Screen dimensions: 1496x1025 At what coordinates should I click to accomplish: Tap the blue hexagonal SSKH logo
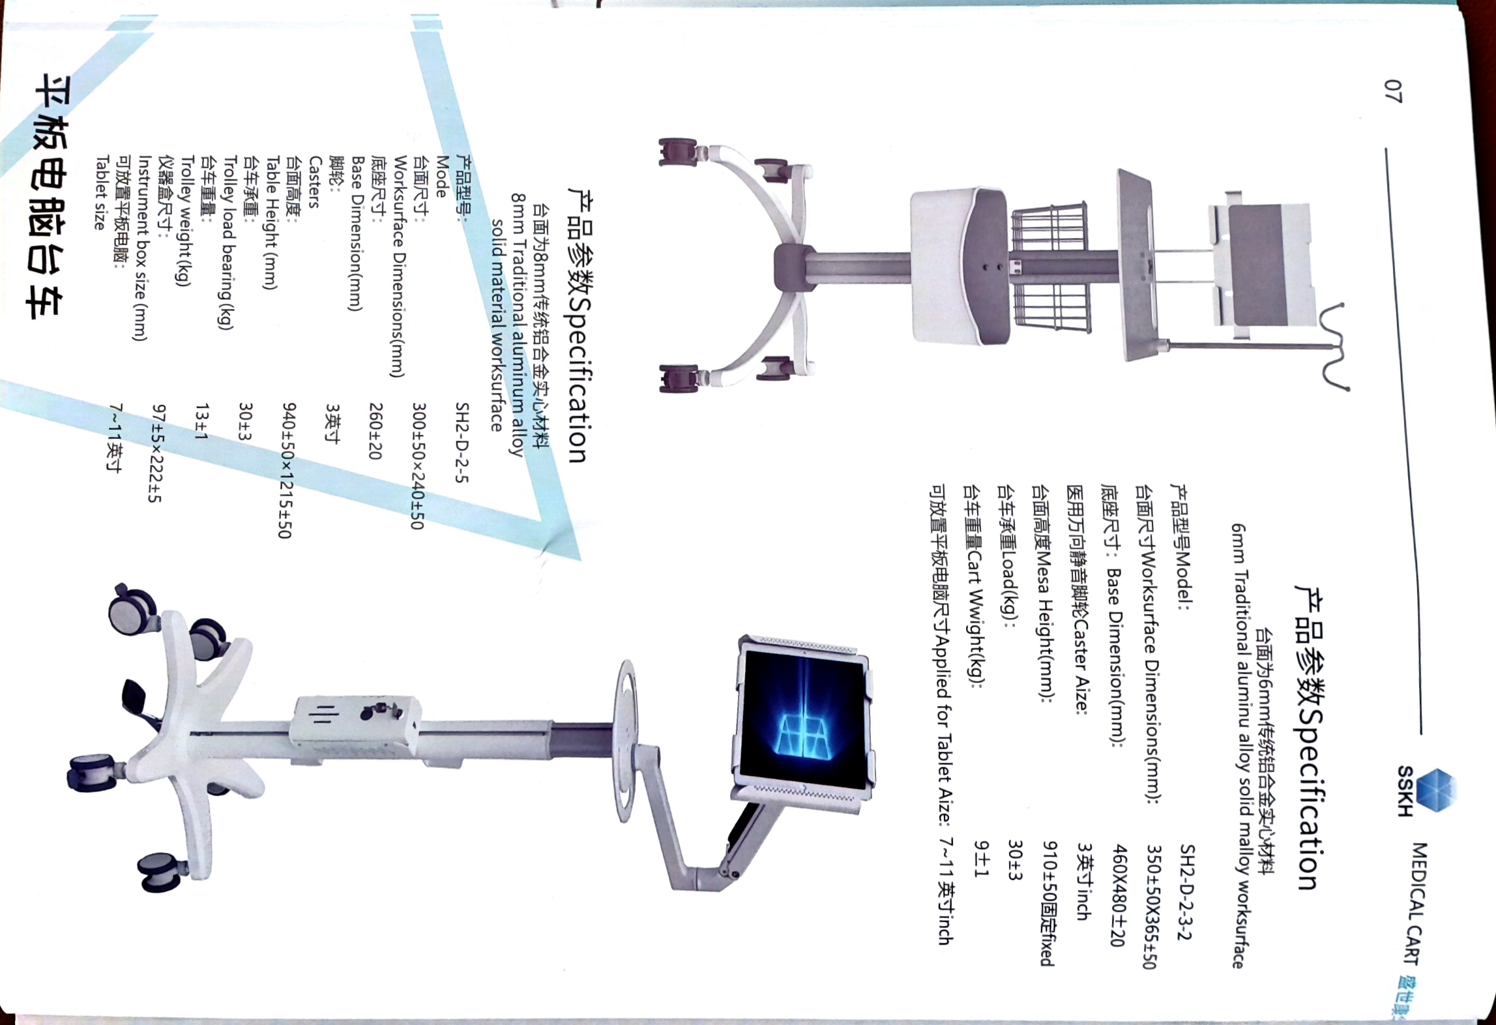pos(1436,790)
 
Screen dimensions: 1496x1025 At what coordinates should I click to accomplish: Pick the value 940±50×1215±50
pos(289,470)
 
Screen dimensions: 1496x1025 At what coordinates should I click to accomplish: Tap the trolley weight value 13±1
pos(202,421)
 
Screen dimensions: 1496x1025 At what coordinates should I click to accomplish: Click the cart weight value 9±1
pos(981,859)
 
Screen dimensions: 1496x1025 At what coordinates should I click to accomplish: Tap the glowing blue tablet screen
pos(803,719)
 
